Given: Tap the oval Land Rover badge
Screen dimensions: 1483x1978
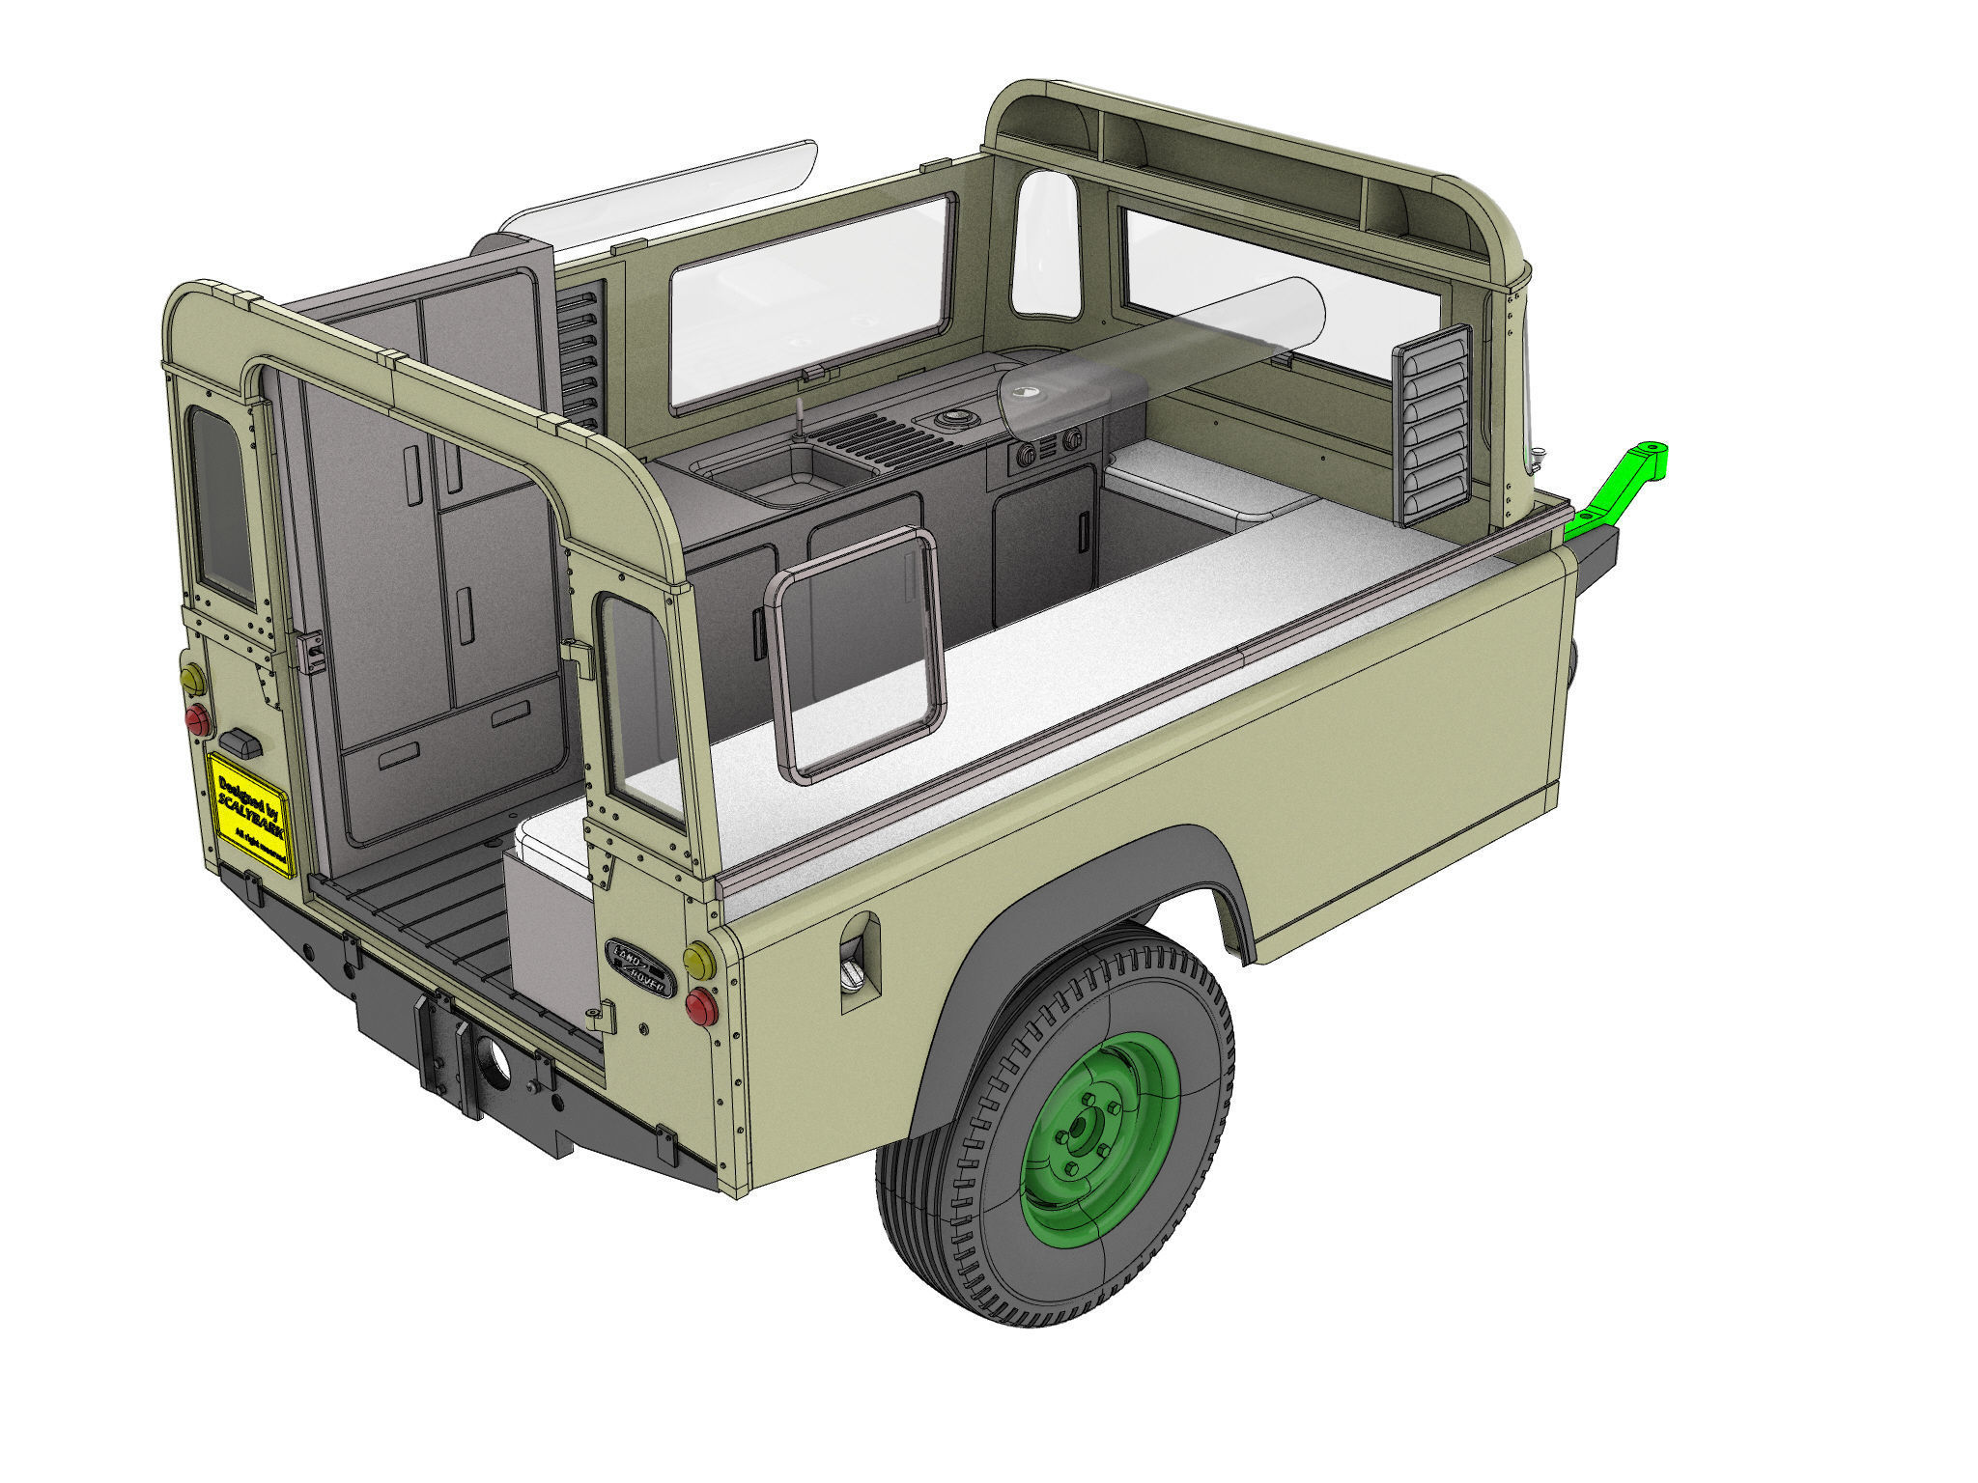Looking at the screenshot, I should [640, 964].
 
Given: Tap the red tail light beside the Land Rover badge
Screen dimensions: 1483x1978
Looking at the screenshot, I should [701, 1007].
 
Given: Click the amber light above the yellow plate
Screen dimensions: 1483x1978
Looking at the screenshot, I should [193, 679].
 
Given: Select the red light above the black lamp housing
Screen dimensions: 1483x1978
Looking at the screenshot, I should [198, 719].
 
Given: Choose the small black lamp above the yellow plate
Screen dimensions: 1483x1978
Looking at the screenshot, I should [241, 742].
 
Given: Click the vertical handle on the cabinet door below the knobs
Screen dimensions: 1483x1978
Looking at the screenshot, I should [1084, 530].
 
